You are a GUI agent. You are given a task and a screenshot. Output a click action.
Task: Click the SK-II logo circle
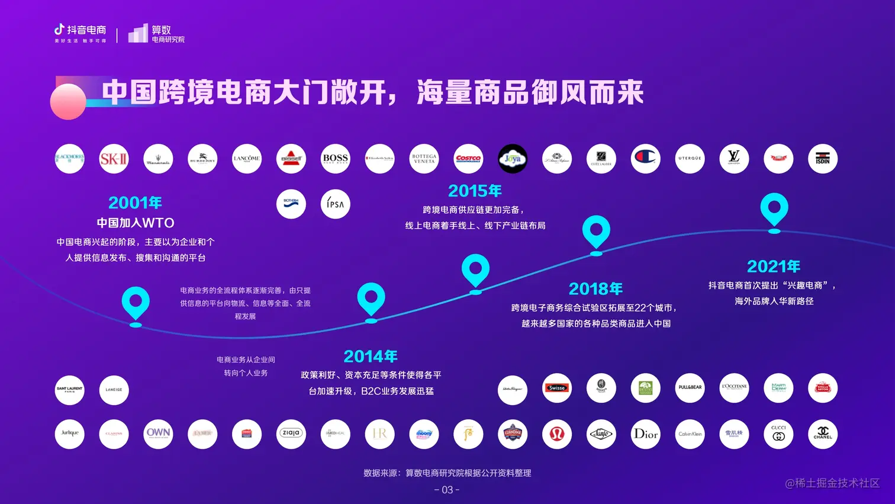coord(114,159)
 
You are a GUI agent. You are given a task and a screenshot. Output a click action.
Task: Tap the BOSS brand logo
coord(335,159)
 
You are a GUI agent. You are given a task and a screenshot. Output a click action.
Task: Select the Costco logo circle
coord(468,159)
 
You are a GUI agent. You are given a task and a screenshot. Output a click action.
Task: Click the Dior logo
coord(645,434)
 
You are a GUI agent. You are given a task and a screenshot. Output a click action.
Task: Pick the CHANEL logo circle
coord(822,434)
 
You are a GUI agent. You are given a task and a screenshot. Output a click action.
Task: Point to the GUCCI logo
coord(778,434)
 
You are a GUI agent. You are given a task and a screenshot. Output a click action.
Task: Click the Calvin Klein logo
coord(690,434)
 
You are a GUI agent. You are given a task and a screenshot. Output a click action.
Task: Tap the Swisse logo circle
coord(556,389)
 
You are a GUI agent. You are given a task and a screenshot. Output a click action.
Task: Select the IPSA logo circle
coord(335,204)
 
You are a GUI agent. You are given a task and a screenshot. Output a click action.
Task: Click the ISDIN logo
coord(822,159)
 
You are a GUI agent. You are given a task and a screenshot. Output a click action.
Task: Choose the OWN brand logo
coord(158,434)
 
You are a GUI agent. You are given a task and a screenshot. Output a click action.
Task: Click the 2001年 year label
coord(135,203)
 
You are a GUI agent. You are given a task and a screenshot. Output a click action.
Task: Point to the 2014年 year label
coord(371,357)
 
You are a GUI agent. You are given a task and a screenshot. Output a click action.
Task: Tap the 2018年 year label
coord(595,289)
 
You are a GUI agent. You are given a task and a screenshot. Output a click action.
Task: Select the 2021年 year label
coord(774,267)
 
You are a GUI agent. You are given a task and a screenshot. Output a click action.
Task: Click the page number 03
coord(447,490)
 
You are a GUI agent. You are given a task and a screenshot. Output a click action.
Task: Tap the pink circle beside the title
coord(68,102)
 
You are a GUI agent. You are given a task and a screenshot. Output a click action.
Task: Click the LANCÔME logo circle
coord(247,159)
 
